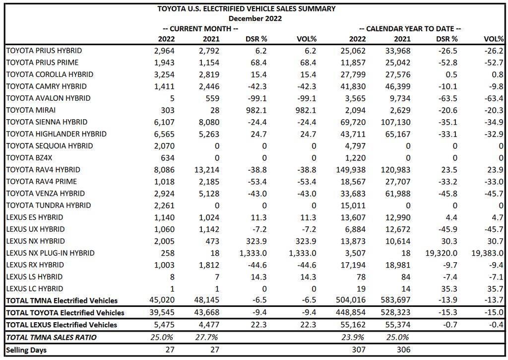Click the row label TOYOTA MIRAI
pyautogui.click(x=31, y=110)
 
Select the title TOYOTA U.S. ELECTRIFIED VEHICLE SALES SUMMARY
pyautogui.click(x=247, y=9)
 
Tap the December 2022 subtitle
pyautogui.click(x=255, y=18)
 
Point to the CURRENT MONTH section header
pyautogui.click(x=200, y=29)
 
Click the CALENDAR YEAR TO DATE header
pyautogui.click(x=410, y=29)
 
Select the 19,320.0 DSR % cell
pyautogui.click(x=441, y=253)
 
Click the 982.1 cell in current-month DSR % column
pyautogui.click(x=256, y=110)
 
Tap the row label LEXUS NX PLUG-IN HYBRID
pyautogui.click(x=50, y=253)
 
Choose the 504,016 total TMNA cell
pyautogui.click(x=351, y=300)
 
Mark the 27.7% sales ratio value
pyautogui.click(x=207, y=337)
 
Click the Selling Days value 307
pyautogui.click(x=359, y=350)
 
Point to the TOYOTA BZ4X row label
pyautogui.click(x=29, y=158)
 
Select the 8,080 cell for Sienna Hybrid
pyautogui.click(x=209, y=122)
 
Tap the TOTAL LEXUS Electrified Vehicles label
pyautogui.click(x=62, y=325)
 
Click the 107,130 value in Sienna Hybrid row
pyautogui.click(x=395, y=122)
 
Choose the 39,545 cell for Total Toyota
pyautogui.click(x=162, y=313)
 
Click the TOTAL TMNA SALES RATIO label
pyautogui.click(x=51, y=337)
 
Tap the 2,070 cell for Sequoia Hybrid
pyautogui.click(x=164, y=146)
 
